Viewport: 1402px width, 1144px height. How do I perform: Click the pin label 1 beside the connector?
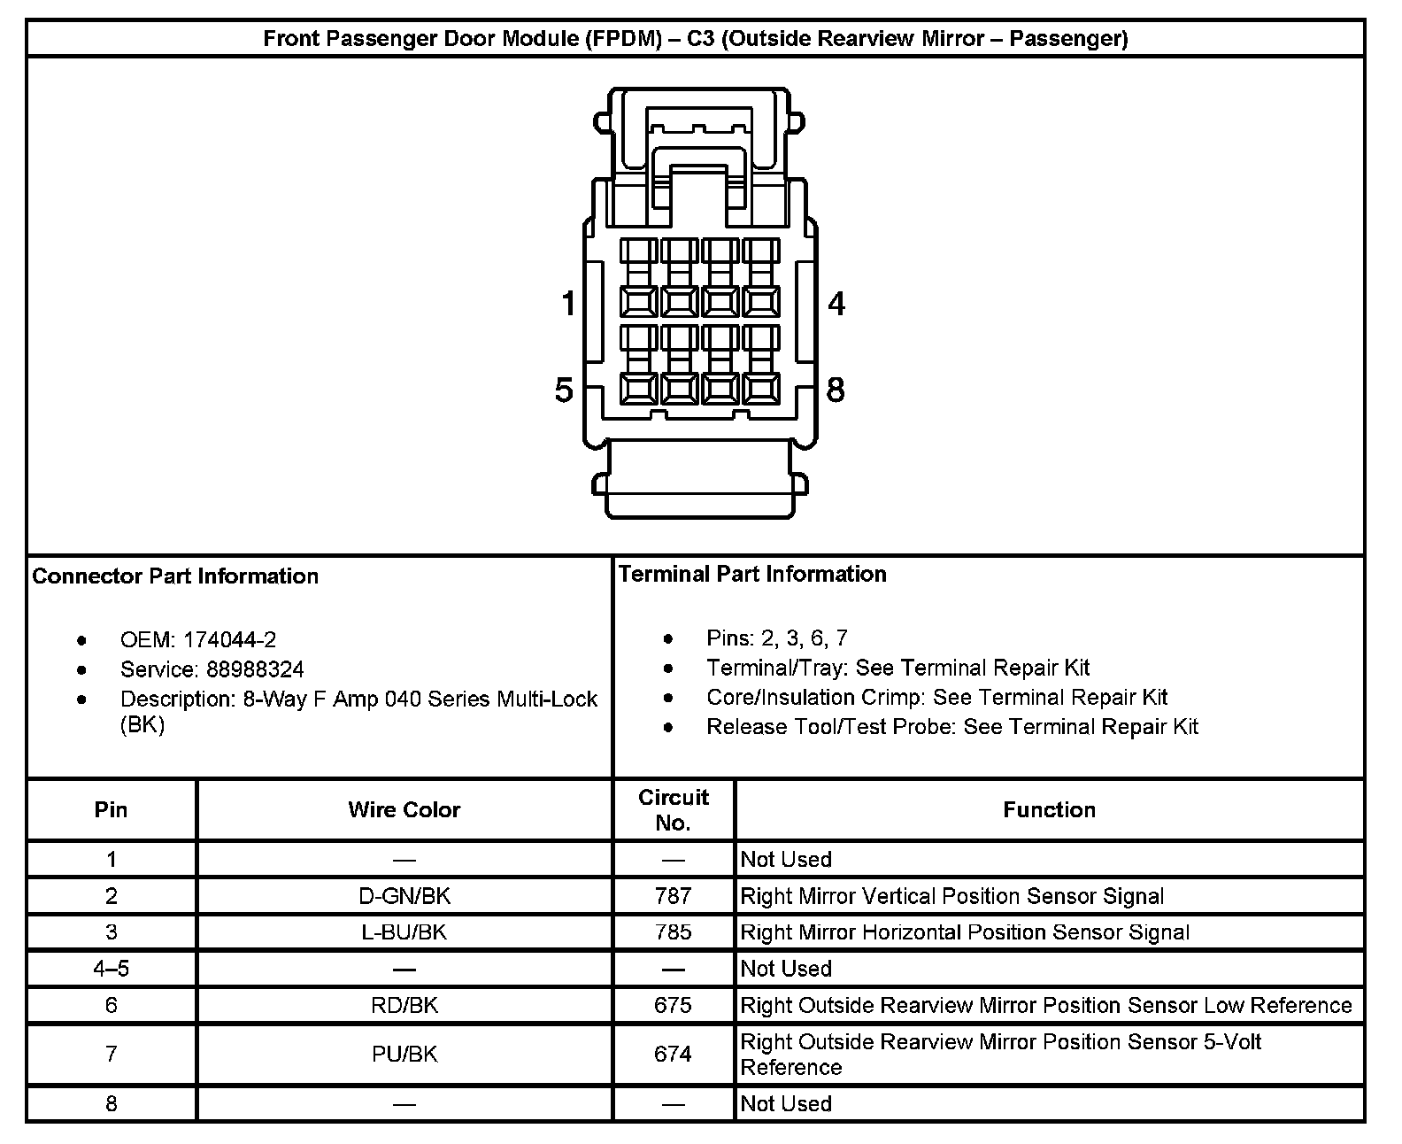pyautogui.click(x=568, y=304)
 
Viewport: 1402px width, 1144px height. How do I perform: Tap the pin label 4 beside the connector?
pyautogui.click(x=836, y=304)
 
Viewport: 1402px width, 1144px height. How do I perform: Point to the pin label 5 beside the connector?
pyautogui.click(x=564, y=390)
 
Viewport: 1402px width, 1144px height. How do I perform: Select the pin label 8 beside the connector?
pyautogui.click(x=836, y=390)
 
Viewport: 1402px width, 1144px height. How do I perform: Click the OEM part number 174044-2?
pyautogui.click(x=229, y=640)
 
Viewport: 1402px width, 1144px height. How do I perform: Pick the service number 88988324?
pyautogui.click(x=255, y=669)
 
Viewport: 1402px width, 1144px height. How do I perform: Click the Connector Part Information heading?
pyautogui.click(x=175, y=576)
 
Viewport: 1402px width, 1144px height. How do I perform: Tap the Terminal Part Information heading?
pyautogui.click(x=752, y=574)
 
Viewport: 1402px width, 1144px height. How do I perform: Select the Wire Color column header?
pyautogui.click(x=404, y=809)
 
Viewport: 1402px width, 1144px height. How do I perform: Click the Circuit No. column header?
pyautogui.click(x=673, y=809)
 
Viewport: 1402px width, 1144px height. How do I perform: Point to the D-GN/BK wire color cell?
pyautogui.click(x=404, y=896)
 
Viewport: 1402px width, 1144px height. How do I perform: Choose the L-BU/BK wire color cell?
pyautogui.click(x=404, y=932)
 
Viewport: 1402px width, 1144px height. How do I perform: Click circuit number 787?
pyautogui.click(x=673, y=896)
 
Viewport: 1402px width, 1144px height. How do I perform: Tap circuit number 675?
pyautogui.click(x=673, y=1005)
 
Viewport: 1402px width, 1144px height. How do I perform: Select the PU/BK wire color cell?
pyautogui.click(x=404, y=1054)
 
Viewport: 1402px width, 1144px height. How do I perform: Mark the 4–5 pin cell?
pyautogui.click(x=111, y=969)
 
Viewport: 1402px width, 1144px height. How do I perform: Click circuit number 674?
pyautogui.click(x=673, y=1054)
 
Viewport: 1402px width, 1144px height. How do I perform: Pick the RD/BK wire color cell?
pyautogui.click(x=404, y=1005)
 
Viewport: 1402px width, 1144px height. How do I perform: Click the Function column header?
pyautogui.click(x=1049, y=809)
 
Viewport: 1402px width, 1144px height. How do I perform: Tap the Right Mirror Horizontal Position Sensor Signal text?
pyautogui.click(x=965, y=932)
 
